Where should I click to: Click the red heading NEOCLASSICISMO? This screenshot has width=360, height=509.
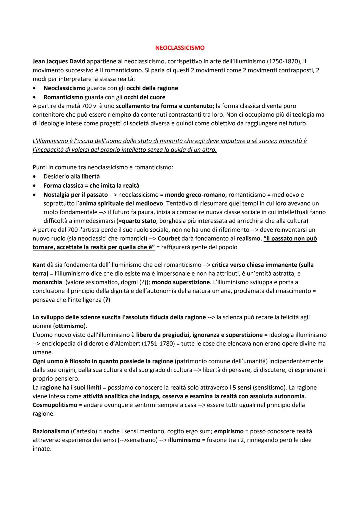click(x=180, y=48)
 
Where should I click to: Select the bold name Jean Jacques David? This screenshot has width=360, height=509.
click(x=59, y=62)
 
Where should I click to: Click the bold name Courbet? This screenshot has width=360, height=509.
click(x=169, y=239)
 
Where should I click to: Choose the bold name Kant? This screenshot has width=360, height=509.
click(x=39, y=265)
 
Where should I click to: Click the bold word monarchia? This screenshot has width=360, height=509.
click(x=47, y=282)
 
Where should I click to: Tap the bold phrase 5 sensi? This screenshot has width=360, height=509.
click(x=242, y=387)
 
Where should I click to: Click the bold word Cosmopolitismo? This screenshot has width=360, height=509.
click(x=55, y=405)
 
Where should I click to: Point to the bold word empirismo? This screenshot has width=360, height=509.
click(x=229, y=431)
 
